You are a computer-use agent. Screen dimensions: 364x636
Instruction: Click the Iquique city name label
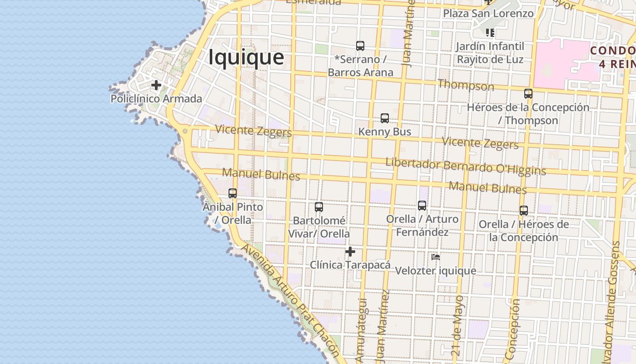click(x=246, y=57)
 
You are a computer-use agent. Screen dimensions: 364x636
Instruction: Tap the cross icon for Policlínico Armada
click(x=156, y=85)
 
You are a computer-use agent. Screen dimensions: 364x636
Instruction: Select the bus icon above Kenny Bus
click(x=385, y=118)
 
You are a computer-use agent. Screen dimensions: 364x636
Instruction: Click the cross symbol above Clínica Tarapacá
click(x=350, y=252)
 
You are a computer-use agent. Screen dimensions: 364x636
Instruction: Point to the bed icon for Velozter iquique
click(x=436, y=257)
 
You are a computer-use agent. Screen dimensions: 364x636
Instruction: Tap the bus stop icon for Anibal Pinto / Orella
click(x=233, y=193)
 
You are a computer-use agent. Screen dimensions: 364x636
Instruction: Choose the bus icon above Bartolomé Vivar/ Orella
click(x=319, y=207)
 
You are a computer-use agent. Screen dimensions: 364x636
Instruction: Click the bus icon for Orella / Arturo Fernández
click(x=422, y=206)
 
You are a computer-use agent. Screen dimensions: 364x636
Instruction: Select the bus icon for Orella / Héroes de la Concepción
click(x=524, y=211)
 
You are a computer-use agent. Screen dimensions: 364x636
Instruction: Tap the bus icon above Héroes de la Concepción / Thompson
click(x=528, y=94)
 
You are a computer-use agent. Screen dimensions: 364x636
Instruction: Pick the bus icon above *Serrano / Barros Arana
click(x=360, y=46)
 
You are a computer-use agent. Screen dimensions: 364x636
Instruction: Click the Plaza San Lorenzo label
click(x=488, y=14)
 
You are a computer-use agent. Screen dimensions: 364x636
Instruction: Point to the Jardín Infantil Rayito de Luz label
click(x=490, y=53)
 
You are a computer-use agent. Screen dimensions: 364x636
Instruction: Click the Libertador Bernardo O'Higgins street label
click(x=465, y=166)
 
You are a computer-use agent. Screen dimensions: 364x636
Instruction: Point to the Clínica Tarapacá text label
click(x=350, y=265)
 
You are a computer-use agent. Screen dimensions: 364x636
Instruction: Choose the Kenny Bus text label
click(x=385, y=132)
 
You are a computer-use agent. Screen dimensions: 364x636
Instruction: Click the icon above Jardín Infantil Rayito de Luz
click(x=490, y=32)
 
